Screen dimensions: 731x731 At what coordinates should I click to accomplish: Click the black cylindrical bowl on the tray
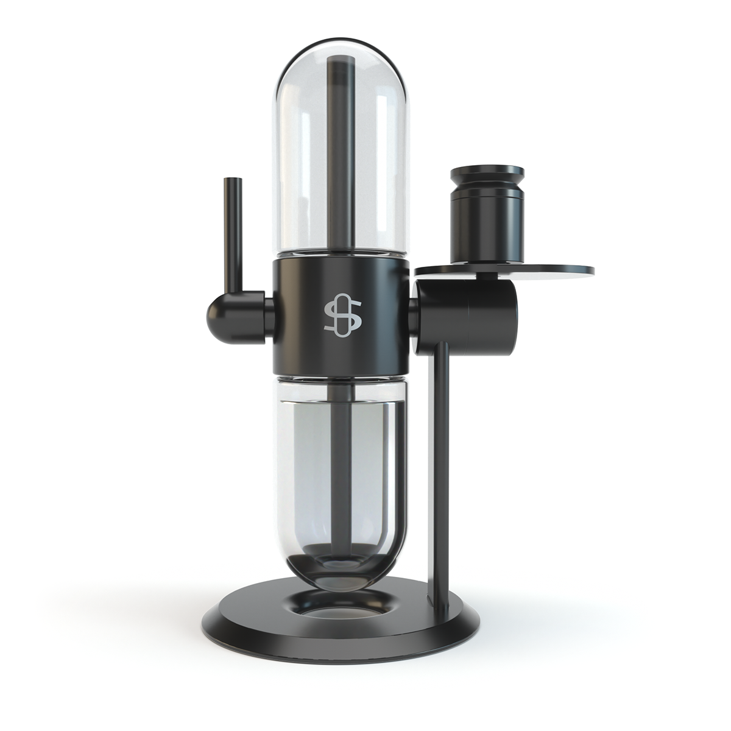(x=485, y=225)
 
